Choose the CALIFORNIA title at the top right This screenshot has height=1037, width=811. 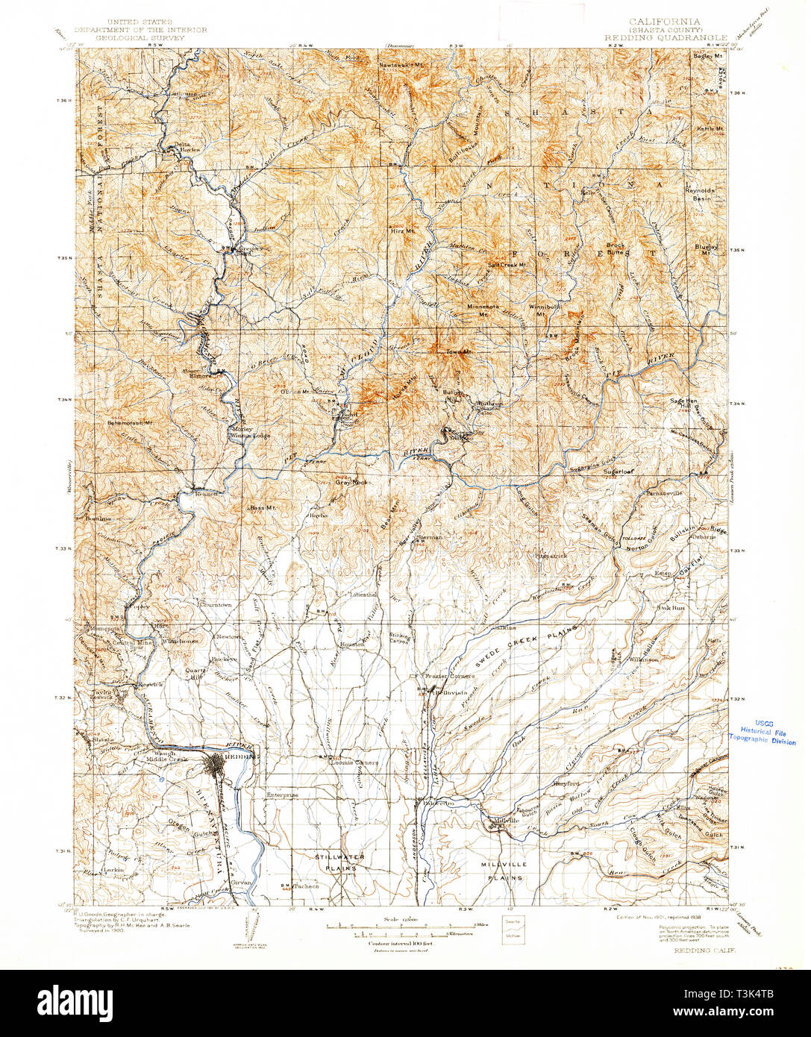(664, 22)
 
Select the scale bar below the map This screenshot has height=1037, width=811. (407, 930)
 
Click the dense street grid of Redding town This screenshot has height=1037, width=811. (219, 765)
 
